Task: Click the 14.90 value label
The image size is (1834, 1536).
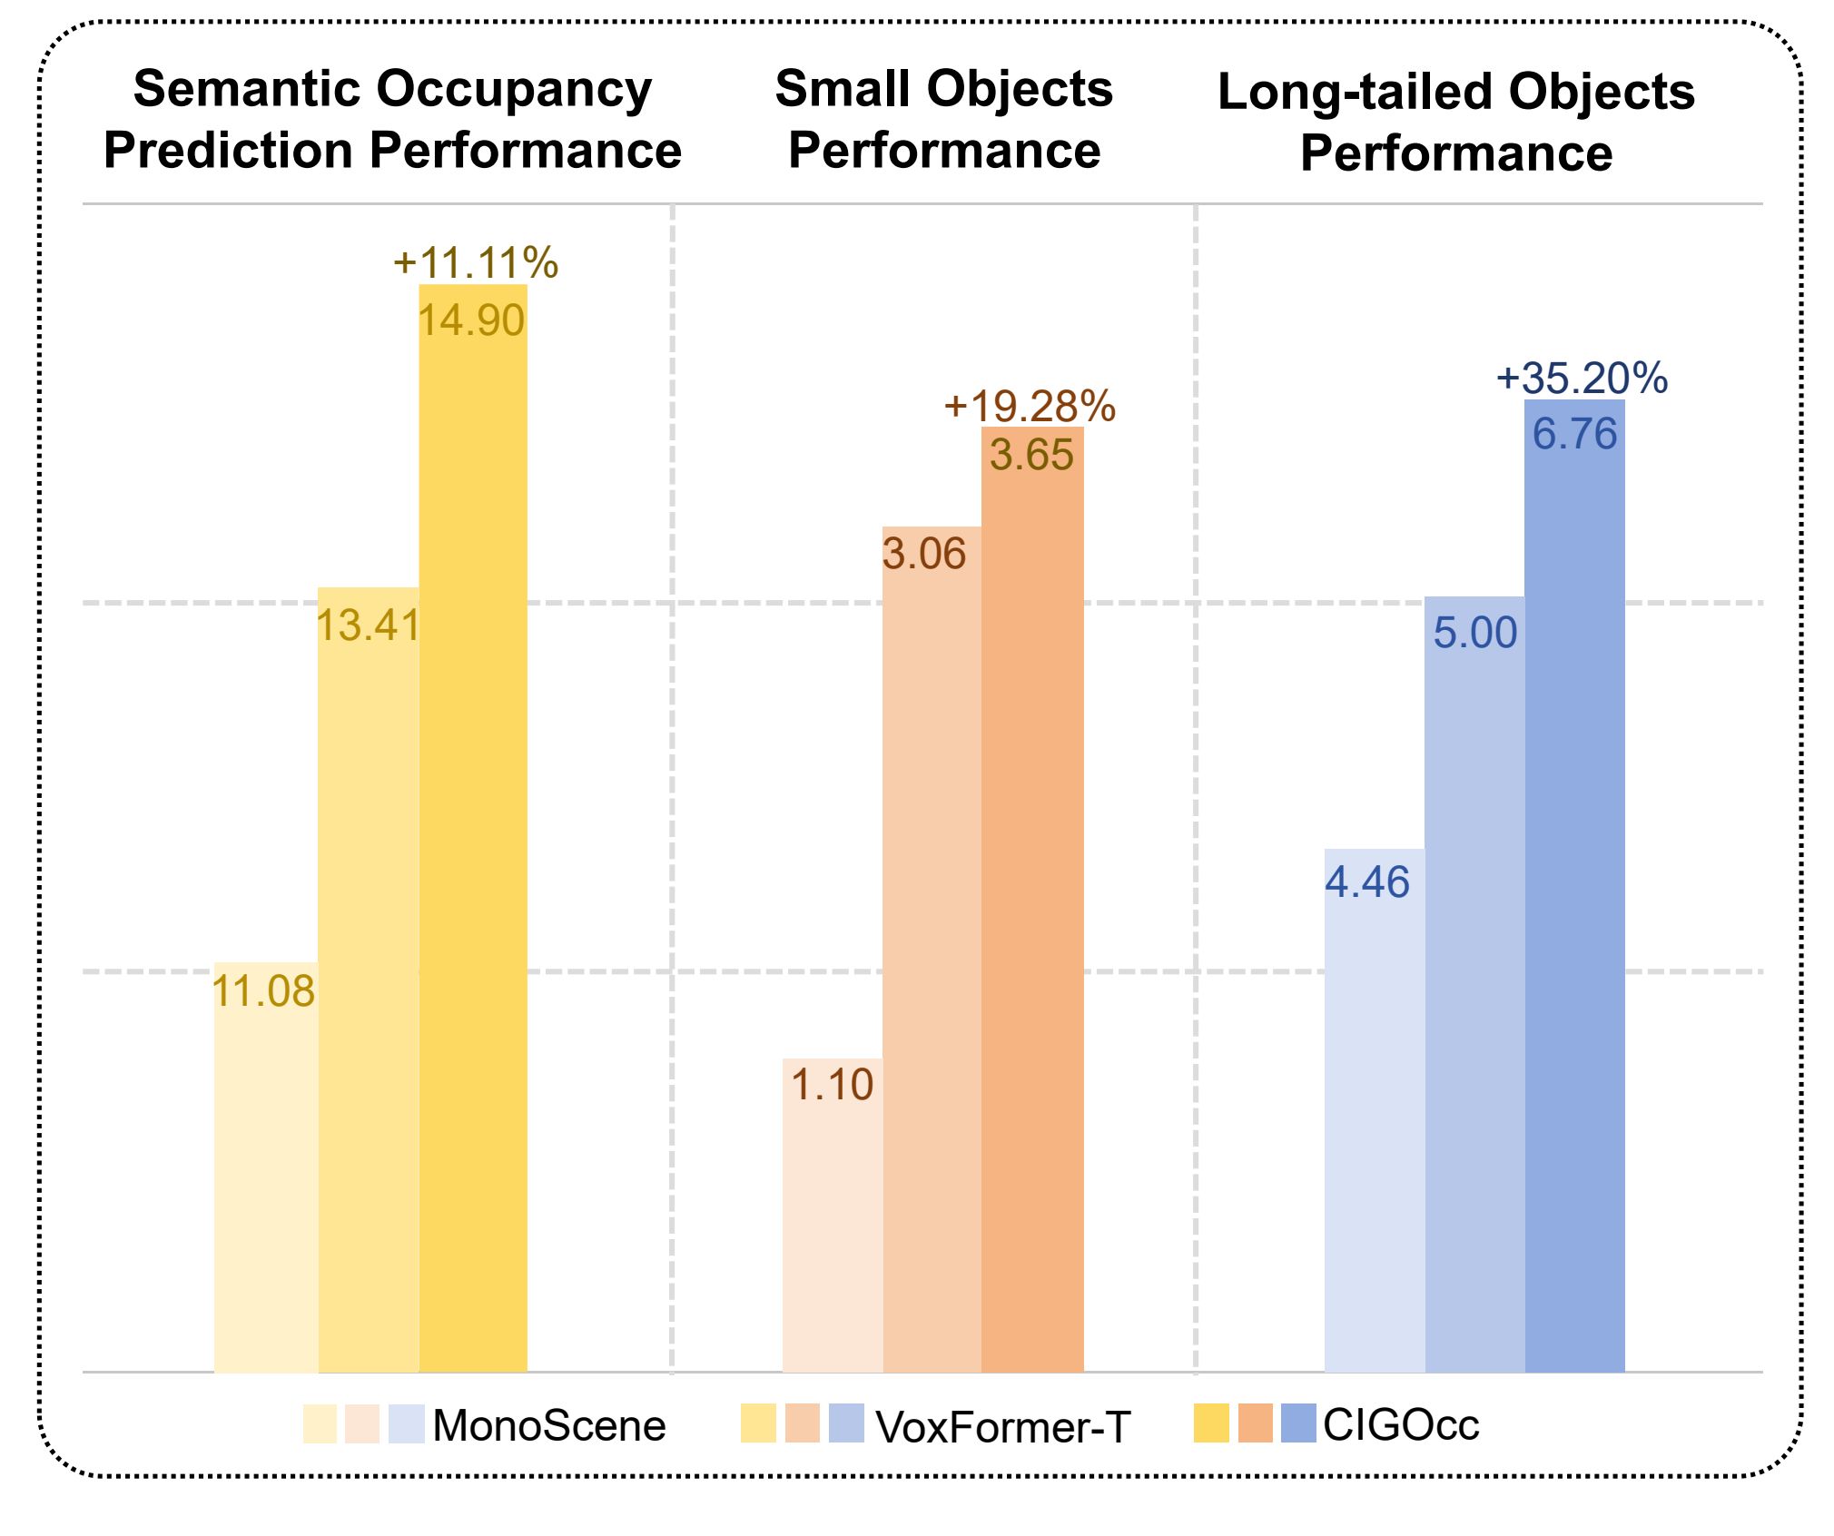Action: pos(471,320)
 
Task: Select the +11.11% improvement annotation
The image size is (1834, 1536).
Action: pos(476,263)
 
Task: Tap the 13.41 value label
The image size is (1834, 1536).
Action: pos(368,625)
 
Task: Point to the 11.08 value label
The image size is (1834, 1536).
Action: pos(263,991)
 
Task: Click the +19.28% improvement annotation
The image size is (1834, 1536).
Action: pos(1030,406)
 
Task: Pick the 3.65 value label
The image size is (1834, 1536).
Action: pos(1031,455)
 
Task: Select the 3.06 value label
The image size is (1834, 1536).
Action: pos(924,554)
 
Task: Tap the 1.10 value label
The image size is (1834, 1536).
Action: pos(832,1085)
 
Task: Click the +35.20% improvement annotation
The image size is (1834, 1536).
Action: pos(1582,378)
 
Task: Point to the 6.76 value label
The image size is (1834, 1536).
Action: pos(1574,434)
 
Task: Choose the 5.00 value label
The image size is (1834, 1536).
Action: pos(1474,633)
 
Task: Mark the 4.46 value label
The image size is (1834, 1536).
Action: pos(1366,882)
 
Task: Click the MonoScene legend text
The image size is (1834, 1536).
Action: pos(549,1425)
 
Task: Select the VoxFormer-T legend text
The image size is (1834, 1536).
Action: pos(1003,1427)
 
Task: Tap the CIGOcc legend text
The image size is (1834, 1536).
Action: pos(1401,1424)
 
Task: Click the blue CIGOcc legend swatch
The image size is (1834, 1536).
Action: pos(1297,1423)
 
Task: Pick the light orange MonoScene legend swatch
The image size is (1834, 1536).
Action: pos(361,1423)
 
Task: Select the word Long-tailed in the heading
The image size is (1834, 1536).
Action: pos(1357,93)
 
